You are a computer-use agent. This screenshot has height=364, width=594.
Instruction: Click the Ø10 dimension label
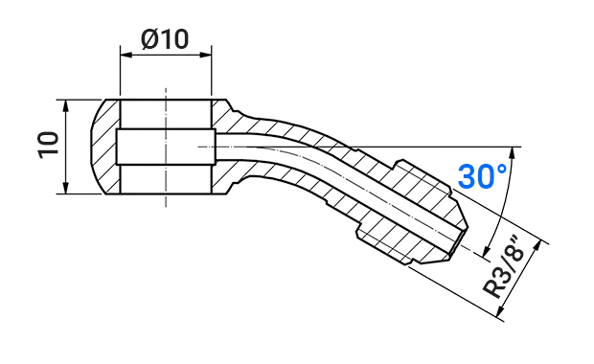pyautogui.click(x=165, y=39)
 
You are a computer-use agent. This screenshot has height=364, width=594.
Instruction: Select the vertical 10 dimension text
pyautogui.click(x=49, y=145)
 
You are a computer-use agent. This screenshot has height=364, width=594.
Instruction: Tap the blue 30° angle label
pyautogui.click(x=482, y=176)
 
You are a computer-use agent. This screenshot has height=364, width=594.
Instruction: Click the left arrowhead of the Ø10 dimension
pyautogui.click(x=126, y=55)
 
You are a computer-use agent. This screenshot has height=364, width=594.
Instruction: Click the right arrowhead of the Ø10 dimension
pyautogui.click(x=206, y=55)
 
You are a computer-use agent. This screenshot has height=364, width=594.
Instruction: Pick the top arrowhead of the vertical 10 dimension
pyautogui.click(x=66, y=105)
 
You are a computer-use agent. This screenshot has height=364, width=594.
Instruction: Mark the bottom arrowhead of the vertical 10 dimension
pyautogui.click(x=66, y=188)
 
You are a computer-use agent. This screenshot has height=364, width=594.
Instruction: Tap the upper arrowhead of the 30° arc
pyautogui.click(x=514, y=152)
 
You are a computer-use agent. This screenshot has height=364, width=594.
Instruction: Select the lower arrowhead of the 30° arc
pyautogui.click(x=486, y=250)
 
